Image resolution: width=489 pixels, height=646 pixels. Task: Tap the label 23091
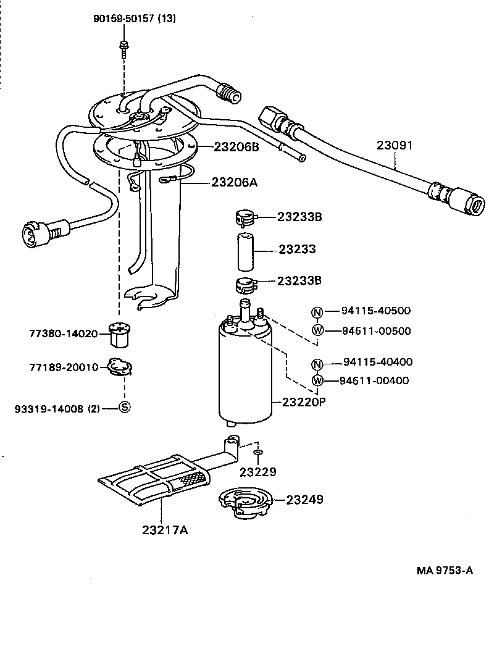pos(395,146)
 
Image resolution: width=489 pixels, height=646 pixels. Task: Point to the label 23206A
pos(235,182)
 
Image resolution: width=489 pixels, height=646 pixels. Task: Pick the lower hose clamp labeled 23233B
pos(244,285)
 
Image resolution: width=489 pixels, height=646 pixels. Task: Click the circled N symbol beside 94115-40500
pos(317,312)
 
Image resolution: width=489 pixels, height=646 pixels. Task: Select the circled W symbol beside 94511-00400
pos(317,380)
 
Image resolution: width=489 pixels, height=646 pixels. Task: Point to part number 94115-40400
pos(378,362)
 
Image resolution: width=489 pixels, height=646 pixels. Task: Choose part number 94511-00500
pos(377,330)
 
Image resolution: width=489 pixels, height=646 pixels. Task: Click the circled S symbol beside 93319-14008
pos(123,407)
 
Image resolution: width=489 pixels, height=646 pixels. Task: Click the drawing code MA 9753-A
pos(444,570)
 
